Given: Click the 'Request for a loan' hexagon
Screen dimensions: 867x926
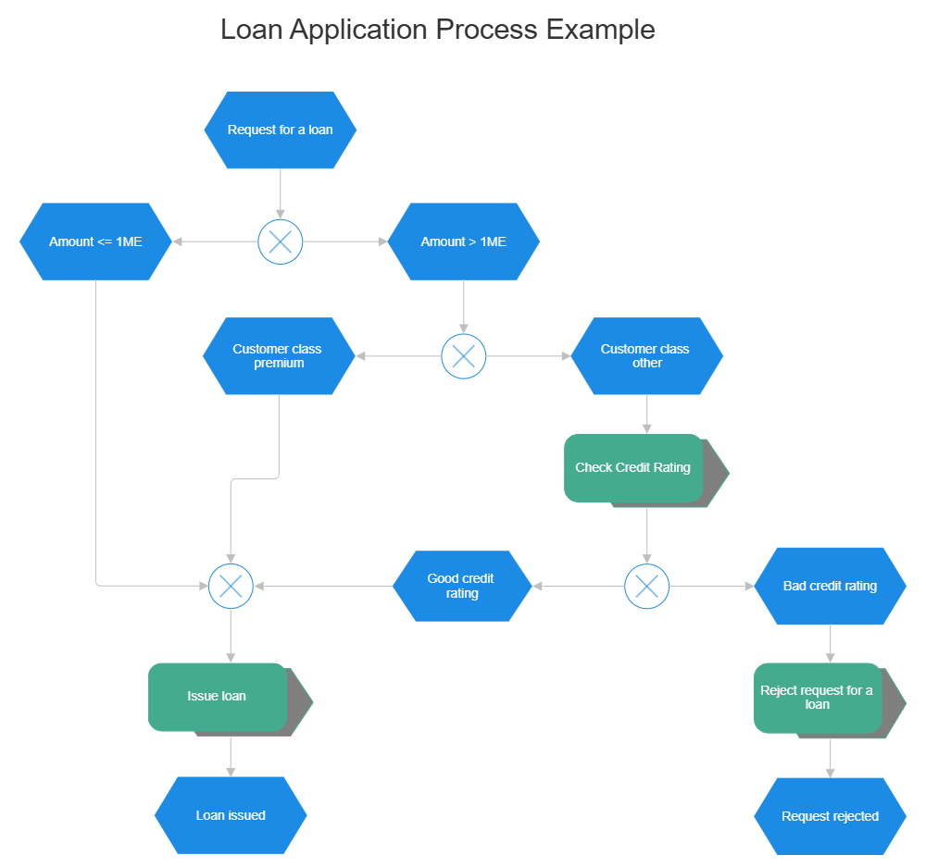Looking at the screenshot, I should tap(280, 130).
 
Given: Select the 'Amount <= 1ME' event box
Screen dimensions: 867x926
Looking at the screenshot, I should tap(95, 242).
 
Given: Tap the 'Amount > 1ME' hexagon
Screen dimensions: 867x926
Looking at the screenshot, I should tap(463, 242).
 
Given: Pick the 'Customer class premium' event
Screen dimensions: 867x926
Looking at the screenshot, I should tap(278, 356).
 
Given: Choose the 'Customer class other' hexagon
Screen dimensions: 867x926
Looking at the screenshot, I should tap(646, 356).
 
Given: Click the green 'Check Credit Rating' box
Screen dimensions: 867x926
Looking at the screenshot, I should tap(633, 468).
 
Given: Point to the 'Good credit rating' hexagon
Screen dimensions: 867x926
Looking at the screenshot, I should tap(461, 586).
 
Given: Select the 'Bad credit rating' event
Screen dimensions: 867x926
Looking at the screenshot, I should tap(830, 586).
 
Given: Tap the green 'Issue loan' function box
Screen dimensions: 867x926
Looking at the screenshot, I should tap(218, 697).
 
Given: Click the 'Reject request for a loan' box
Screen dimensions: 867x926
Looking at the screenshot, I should tap(817, 698).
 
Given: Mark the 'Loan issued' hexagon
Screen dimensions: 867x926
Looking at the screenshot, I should tap(231, 815).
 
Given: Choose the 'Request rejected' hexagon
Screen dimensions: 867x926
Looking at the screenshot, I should tap(830, 816).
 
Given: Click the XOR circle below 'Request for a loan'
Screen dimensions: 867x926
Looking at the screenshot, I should tap(280, 242).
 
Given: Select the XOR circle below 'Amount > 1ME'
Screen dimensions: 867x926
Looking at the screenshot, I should tap(463, 356).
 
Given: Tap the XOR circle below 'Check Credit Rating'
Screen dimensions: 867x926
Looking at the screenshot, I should tap(646, 586).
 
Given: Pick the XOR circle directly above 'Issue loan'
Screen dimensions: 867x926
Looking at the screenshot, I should tap(231, 586).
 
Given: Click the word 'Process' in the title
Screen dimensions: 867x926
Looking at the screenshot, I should tap(486, 29).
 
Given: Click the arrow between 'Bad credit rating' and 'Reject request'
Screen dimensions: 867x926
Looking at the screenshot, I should tap(830, 644).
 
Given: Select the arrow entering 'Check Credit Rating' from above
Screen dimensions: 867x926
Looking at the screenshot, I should tap(646, 415).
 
